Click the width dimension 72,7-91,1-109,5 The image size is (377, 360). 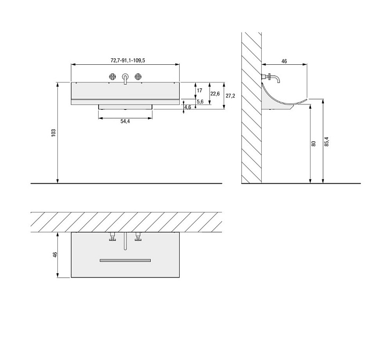[125, 61]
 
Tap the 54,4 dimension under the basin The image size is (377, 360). [125, 122]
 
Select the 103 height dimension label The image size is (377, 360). [53, 132]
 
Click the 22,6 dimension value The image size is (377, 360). [215, 93]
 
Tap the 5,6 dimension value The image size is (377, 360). [199, 102]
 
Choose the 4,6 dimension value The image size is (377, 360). [187, 108]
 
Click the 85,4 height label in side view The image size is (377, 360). [327, 141]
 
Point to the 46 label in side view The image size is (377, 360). [284, 62]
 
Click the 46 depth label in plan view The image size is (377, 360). [55, 255]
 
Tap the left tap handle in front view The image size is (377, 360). [113, 76]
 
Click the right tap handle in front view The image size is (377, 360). [138, 76]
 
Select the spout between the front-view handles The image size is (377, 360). [125, 78]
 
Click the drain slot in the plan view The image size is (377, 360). [125, 260]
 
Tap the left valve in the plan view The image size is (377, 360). [113, 238]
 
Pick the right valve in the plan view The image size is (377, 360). [138, 238]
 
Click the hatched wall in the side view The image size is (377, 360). [251, 107]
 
